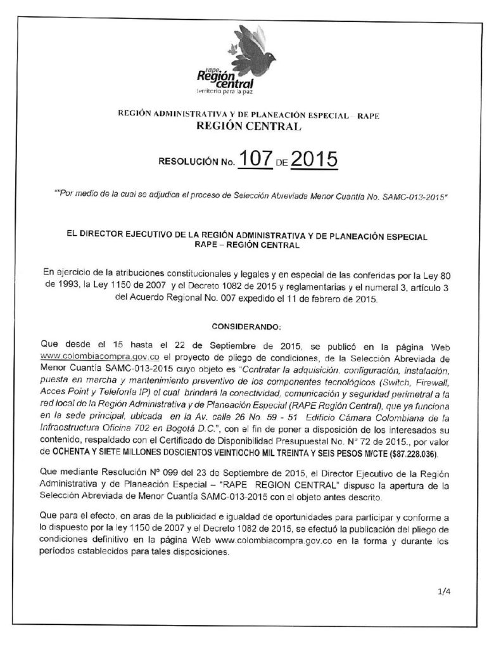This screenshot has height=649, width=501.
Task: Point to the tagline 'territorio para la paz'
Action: tap(225, 94)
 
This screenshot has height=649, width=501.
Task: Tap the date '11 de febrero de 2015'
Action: tap(331, 298)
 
